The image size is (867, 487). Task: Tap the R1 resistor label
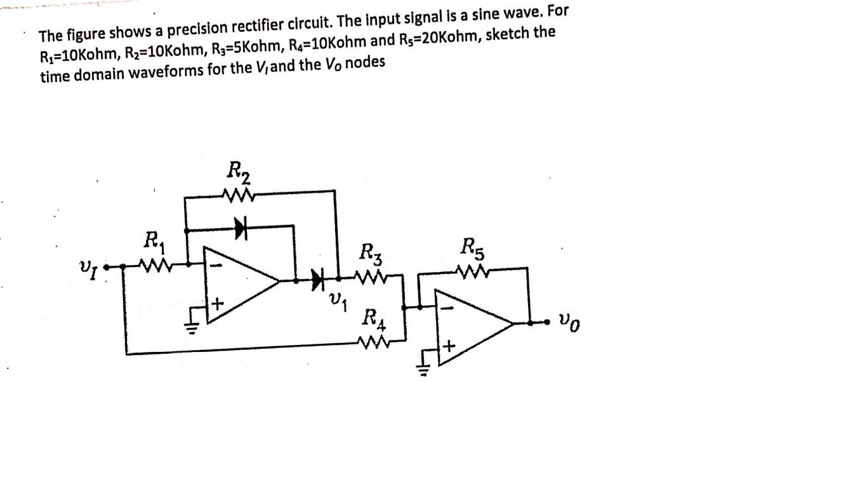pos(153,241)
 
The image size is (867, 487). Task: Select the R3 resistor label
pos(371,253)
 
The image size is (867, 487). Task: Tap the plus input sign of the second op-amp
pos(450,346)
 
